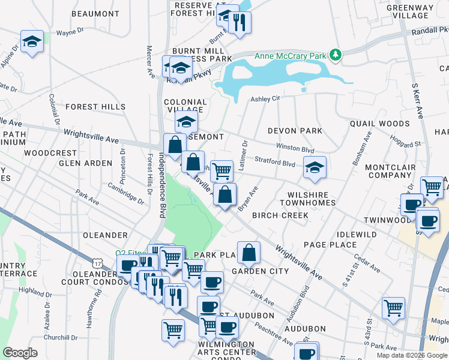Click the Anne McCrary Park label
pyautogui.click(x=291, y=56)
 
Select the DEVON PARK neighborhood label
pyautogui.click(x=295, y=130)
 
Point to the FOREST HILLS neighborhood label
pyautogui.click(x=95, y=107)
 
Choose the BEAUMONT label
pyautogui.click(x=95, y=13)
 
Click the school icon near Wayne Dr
pyautogui.click(x=32, y=41)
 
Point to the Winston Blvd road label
pyautogui.click(x=295, y=147)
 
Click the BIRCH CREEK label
pyautogui.click(x=280, y=215)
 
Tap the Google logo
pyautogui.click(x=20, y=352)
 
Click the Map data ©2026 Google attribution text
pyautogui.click(x=411, y=355)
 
